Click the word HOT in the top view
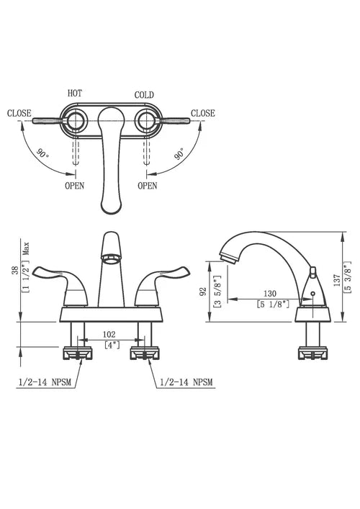[x=75, y=94]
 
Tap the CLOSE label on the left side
[x=19, y=113]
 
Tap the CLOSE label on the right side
[x=202, y=113]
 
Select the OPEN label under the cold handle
[x=147, y=185]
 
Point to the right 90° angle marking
[x=178, y=154]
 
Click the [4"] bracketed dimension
[x=112, y=345]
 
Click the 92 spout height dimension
[x=204, y=292]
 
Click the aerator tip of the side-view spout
[x=227, y=254]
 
